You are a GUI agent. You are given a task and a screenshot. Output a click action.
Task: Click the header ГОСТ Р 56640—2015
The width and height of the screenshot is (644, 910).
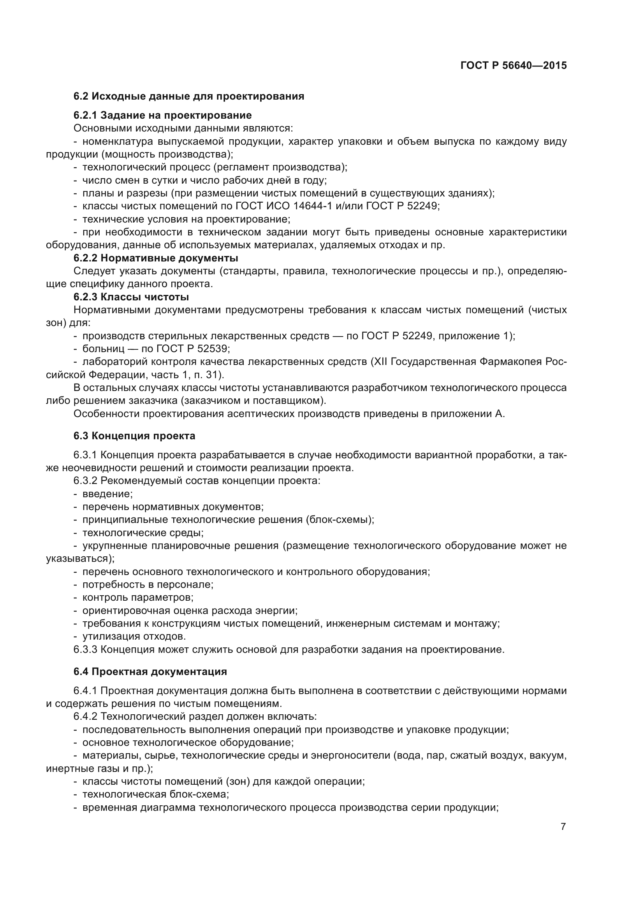pos(514,65)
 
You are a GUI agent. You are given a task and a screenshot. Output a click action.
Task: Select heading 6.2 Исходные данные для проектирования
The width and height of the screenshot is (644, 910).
pos(189,96)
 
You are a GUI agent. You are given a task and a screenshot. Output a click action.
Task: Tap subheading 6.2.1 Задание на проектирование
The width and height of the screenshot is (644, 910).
pos(163,115)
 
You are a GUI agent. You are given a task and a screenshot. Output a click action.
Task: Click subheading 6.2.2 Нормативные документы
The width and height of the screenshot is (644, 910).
pos(156,258)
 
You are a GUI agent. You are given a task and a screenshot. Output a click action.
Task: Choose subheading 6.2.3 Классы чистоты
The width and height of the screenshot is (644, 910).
pos(131,297)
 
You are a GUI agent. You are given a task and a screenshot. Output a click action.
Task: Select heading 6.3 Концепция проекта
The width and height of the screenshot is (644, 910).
pos(134,436)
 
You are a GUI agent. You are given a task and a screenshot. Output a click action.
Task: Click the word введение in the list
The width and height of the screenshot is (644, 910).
pos(107,494)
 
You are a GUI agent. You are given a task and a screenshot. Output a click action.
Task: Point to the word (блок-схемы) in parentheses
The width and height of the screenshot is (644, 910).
pos(340,520)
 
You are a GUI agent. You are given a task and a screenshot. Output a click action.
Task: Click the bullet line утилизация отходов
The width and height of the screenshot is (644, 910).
pos(134,636)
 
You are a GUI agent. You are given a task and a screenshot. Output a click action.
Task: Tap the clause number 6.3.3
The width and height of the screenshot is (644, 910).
pos(85,650)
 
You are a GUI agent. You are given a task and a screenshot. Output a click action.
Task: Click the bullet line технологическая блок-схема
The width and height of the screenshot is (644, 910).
pos(155,794)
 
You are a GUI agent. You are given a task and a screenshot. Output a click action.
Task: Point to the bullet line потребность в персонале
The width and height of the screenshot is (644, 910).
pos(148,585)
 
